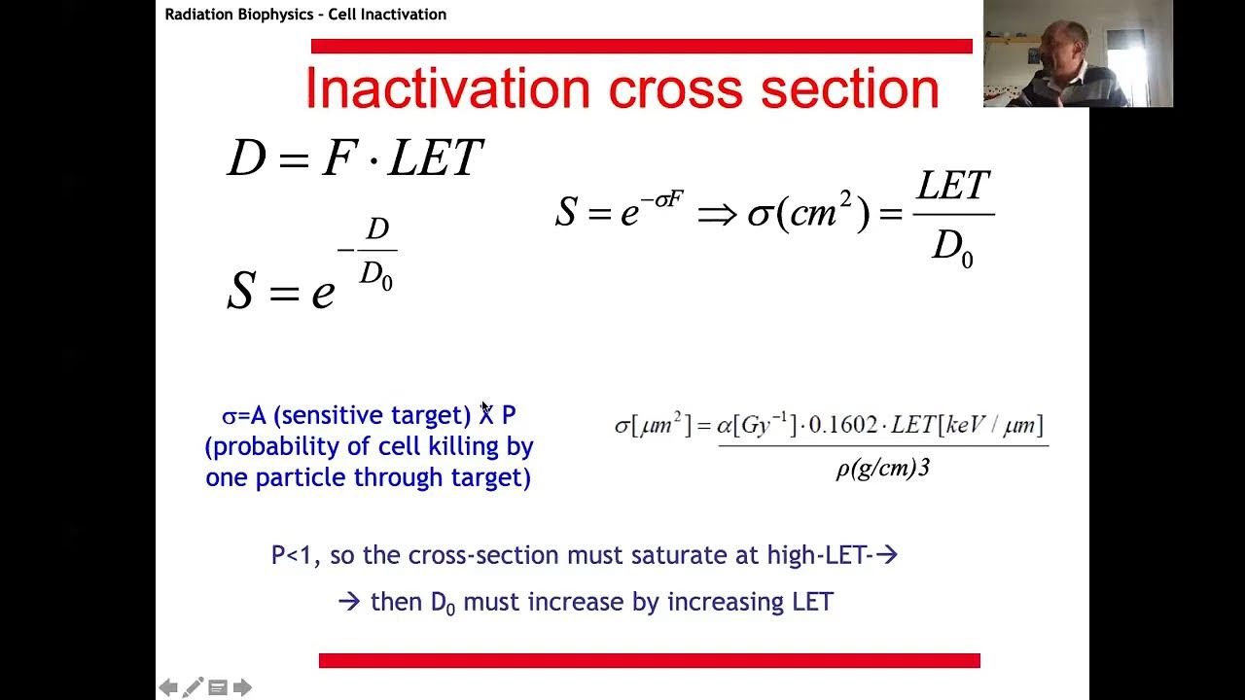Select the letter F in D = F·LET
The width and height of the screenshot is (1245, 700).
tap(339, 158)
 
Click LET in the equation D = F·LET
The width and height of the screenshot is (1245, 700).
tap(435, 158)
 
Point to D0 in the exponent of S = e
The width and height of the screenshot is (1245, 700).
tap(375, 275)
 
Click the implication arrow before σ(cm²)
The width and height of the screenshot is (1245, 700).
tap(717, 214)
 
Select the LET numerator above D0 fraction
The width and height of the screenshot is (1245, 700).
tap(953, 186)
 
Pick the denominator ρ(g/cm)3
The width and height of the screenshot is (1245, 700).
tap(882, 469)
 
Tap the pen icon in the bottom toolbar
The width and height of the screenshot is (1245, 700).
tap(193, 687)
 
